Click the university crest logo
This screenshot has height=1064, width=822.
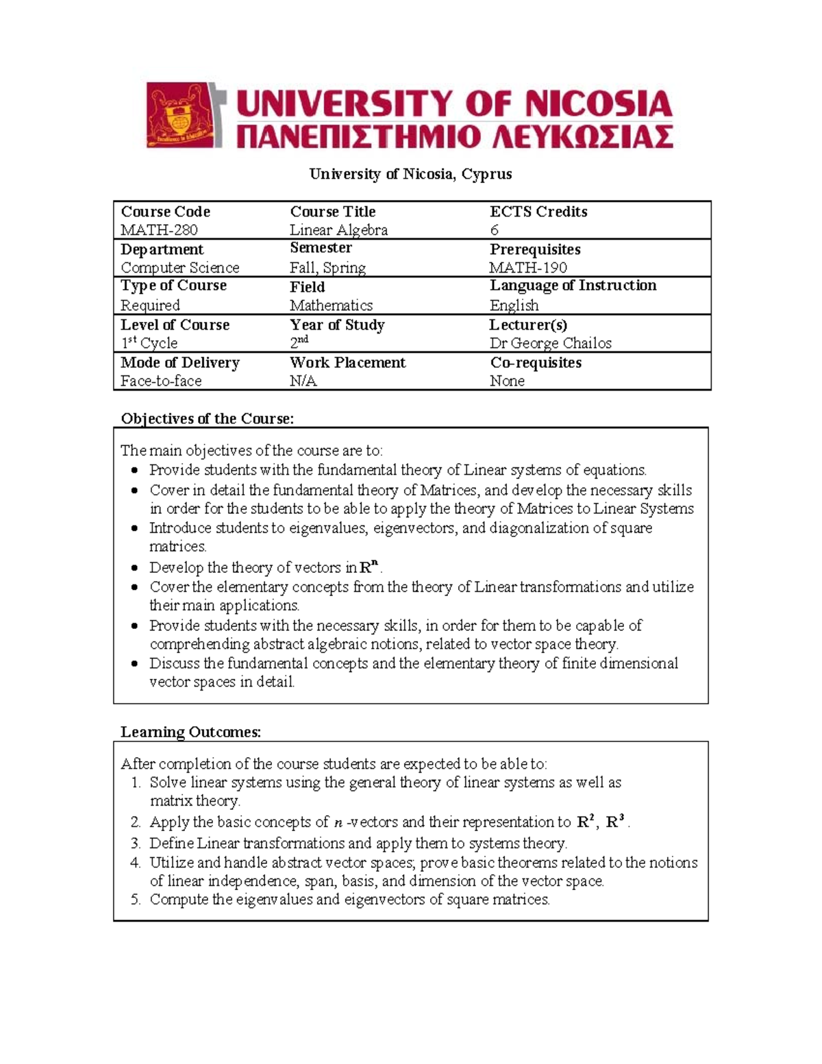coord(183,115)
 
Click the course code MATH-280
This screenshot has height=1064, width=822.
coord(159,230)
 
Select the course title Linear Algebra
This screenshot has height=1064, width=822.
coord(338,230)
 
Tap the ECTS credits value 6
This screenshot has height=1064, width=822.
coord(494,230)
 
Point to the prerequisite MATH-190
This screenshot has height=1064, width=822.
coord(528,268)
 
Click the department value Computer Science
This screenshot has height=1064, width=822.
coord(179,268)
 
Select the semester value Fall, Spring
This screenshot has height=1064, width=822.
coord(327,268)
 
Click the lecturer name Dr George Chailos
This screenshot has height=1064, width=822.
coord(550,343)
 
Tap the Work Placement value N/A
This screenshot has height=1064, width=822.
coord(303,381)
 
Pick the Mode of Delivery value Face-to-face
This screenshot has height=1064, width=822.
coord(161,381)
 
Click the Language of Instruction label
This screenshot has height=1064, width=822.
coord(573,286)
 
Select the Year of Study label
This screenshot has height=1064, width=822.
coord(337,325)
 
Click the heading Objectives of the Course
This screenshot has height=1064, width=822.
coord(207,419)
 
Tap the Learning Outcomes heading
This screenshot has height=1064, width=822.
coord(190,732)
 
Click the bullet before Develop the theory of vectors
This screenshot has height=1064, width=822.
coord(135,568)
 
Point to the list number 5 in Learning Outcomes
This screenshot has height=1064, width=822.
coord(135,900)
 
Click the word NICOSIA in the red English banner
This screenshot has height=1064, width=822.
coord(594,104)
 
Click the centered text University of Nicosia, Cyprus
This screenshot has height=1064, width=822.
coord(410,174)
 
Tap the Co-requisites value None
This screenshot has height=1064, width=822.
coord(507,381)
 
